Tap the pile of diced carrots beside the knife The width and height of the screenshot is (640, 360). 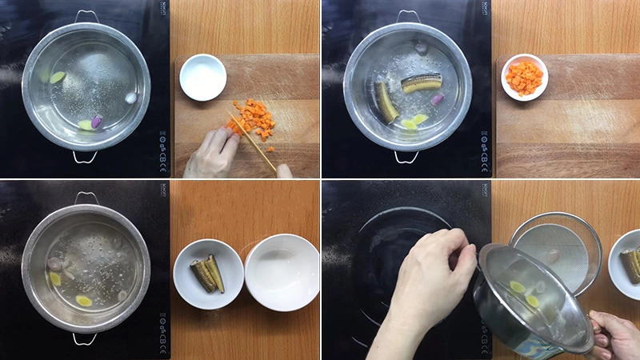point(255,118)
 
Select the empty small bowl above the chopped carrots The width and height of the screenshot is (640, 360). point(202,77)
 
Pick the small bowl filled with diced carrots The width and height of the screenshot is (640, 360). point(524,77)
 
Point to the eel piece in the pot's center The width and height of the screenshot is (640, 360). point(421,82)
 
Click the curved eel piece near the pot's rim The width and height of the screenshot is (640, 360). point(386,102)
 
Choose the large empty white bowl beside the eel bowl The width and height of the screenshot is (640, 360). point(282,271)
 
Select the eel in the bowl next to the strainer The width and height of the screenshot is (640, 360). point(630,266)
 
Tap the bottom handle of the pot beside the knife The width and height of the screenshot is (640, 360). point(86,157)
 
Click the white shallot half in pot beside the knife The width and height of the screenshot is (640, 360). point(131,98)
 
